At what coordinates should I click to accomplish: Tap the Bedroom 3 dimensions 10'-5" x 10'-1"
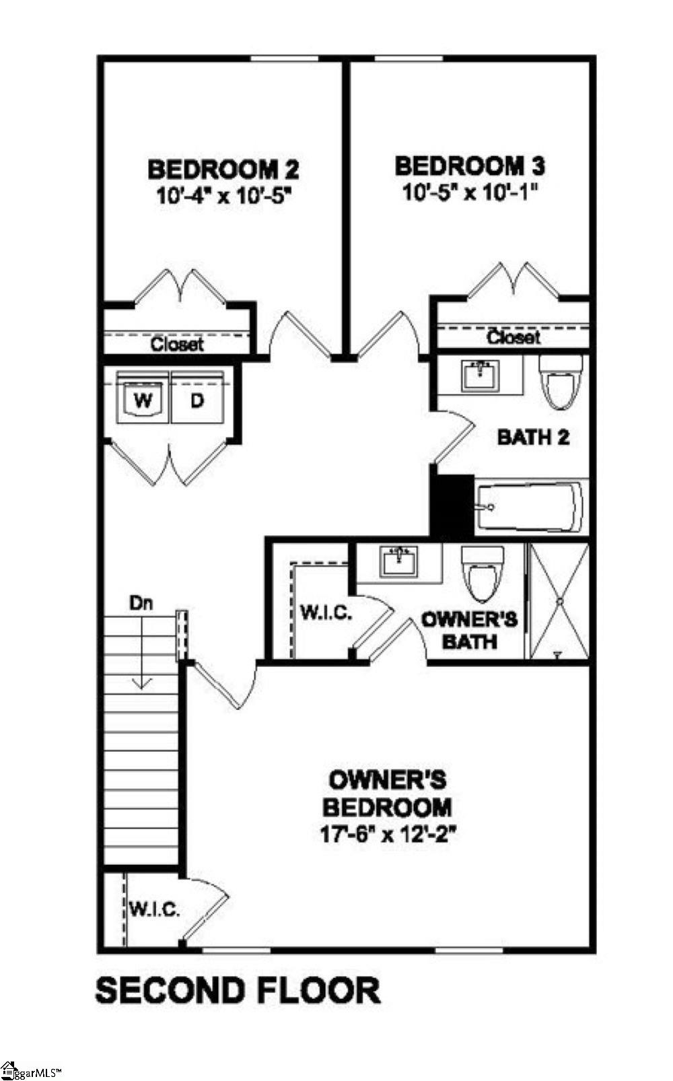point(472,193)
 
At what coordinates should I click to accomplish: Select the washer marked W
point(143,400)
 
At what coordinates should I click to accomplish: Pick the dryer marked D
point(197,400)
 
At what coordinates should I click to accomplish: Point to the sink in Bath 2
point(481,374)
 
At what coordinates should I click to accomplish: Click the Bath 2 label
point(533,437)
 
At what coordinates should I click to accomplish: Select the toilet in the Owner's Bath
point(483,573)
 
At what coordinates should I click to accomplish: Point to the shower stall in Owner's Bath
point(559,600)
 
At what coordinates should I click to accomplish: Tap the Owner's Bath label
point(470,629)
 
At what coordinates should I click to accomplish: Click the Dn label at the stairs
point(141,603)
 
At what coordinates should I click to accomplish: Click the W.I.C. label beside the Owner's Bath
point(325,613)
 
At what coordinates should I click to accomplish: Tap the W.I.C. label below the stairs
point(154,910)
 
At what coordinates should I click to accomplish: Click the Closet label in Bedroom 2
point(176,345)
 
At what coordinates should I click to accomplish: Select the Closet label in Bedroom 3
point(513,337)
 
